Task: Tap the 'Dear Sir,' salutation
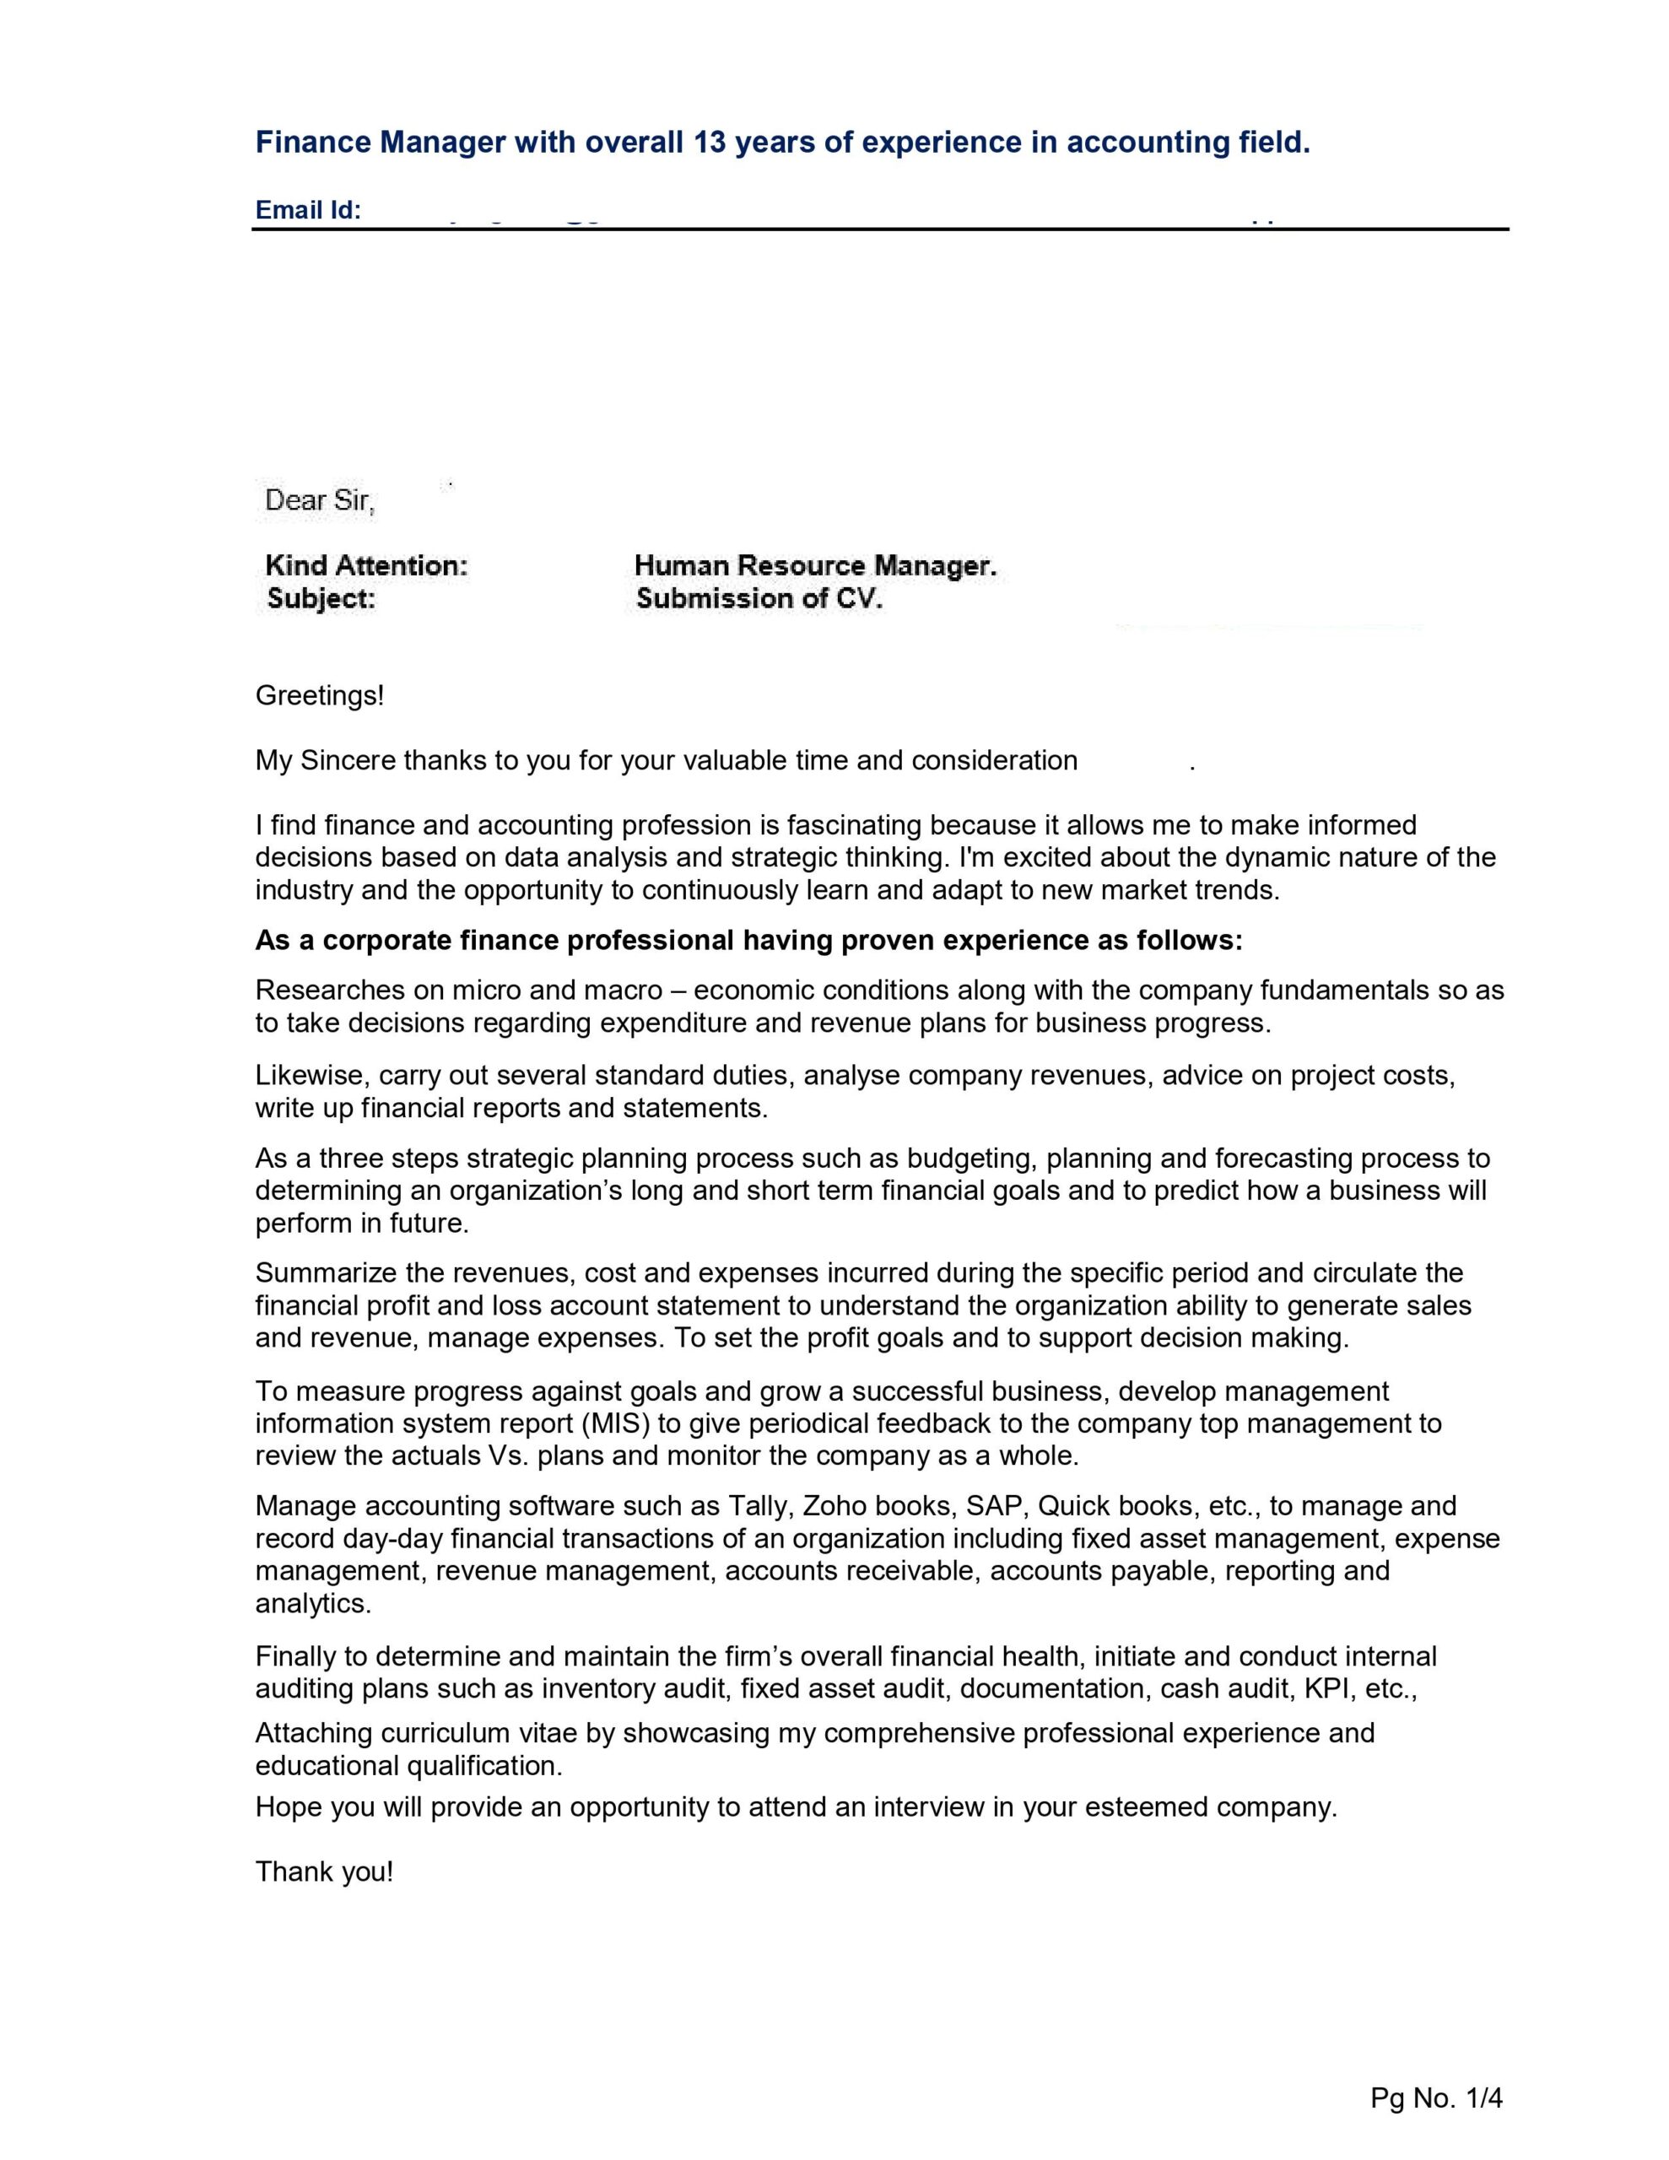coord(320,500)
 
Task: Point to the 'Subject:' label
coord(321,598)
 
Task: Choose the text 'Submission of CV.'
coord(759,598)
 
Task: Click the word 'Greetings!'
coord(319,695)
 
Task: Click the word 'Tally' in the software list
coord(758,1506)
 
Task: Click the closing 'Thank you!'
coord(325,1871)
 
